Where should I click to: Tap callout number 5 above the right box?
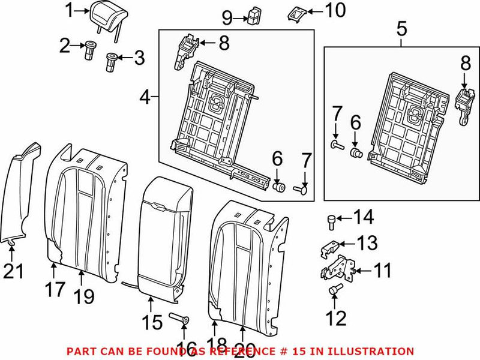(x=401, y=27)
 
